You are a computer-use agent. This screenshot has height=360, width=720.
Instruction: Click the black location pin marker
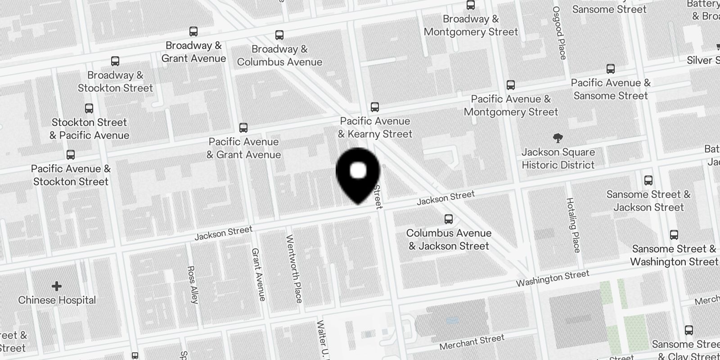tap(358, 173)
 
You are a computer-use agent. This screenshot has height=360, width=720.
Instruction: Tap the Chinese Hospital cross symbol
tap(57, 286)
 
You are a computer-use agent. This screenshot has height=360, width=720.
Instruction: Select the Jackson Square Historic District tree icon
tap(558, 138)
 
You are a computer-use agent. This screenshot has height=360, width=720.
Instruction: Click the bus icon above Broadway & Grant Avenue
tap(193, 31)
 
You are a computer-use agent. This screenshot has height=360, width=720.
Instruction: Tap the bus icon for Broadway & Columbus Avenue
tap(279, 35)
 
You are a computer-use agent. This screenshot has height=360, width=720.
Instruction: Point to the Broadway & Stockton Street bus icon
tap(115, 61)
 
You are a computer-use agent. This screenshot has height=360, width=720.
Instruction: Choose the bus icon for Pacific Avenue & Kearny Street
tap(375, 107)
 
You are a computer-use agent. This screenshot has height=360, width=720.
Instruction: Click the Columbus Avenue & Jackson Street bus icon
tap(449, 219)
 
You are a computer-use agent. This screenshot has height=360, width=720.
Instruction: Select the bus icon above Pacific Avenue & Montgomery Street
tap(511, 85)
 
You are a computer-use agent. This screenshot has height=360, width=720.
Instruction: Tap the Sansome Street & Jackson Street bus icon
tap(648, 180)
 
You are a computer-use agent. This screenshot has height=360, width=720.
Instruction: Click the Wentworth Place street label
tap(294, 269)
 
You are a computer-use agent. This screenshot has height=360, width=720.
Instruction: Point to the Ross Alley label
tap(193, 284)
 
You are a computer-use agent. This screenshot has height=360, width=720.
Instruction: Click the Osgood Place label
tap(560, 33)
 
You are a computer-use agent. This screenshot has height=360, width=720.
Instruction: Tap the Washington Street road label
tap(552, 279)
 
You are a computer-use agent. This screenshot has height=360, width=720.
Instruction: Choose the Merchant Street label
tap(472, 342)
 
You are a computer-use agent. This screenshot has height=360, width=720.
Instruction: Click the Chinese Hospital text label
tap(57, 300)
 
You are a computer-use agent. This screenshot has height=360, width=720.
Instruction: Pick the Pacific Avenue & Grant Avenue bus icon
tap(243, 128)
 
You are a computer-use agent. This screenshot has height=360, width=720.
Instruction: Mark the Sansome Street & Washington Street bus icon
tap(674, 235)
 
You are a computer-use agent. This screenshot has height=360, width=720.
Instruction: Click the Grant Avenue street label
tap(258, 274)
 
